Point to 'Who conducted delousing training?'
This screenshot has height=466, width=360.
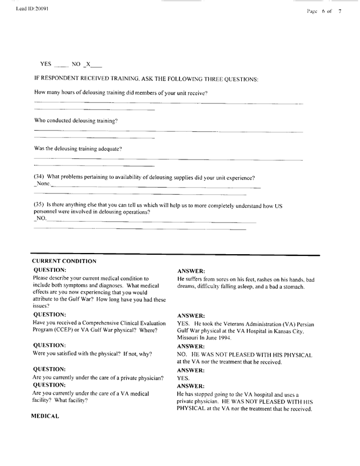(76, 121)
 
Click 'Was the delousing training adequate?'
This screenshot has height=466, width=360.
(78, 149)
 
